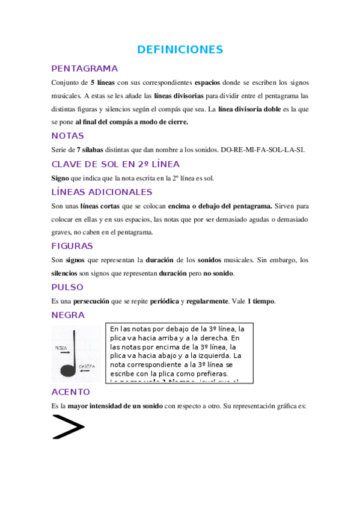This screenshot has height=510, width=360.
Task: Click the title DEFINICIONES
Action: tap(180, 49)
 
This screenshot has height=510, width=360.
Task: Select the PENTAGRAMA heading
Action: tap(84, 68)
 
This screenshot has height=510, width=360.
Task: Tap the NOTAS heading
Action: tap(67, 135)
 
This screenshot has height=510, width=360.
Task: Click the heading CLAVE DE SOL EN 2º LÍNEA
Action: tap(115, 164)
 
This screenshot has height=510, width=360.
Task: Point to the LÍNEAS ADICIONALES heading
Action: tap(102, 192)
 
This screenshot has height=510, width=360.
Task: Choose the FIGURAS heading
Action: tap(72, 246)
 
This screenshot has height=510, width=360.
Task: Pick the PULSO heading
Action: tap(67, 287)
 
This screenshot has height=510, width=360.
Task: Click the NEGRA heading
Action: tap(68, 315)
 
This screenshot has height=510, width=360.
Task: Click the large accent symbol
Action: tap(68, 426)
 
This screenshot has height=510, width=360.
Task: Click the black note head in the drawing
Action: tap(69, 370)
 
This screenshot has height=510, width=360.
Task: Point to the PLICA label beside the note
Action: tap(60, 348)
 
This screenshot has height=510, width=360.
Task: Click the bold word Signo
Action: tap(60, 178)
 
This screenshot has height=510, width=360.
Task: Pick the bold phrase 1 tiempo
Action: tap(260, 301)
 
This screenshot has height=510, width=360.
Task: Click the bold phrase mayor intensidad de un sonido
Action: tap(114, 406)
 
